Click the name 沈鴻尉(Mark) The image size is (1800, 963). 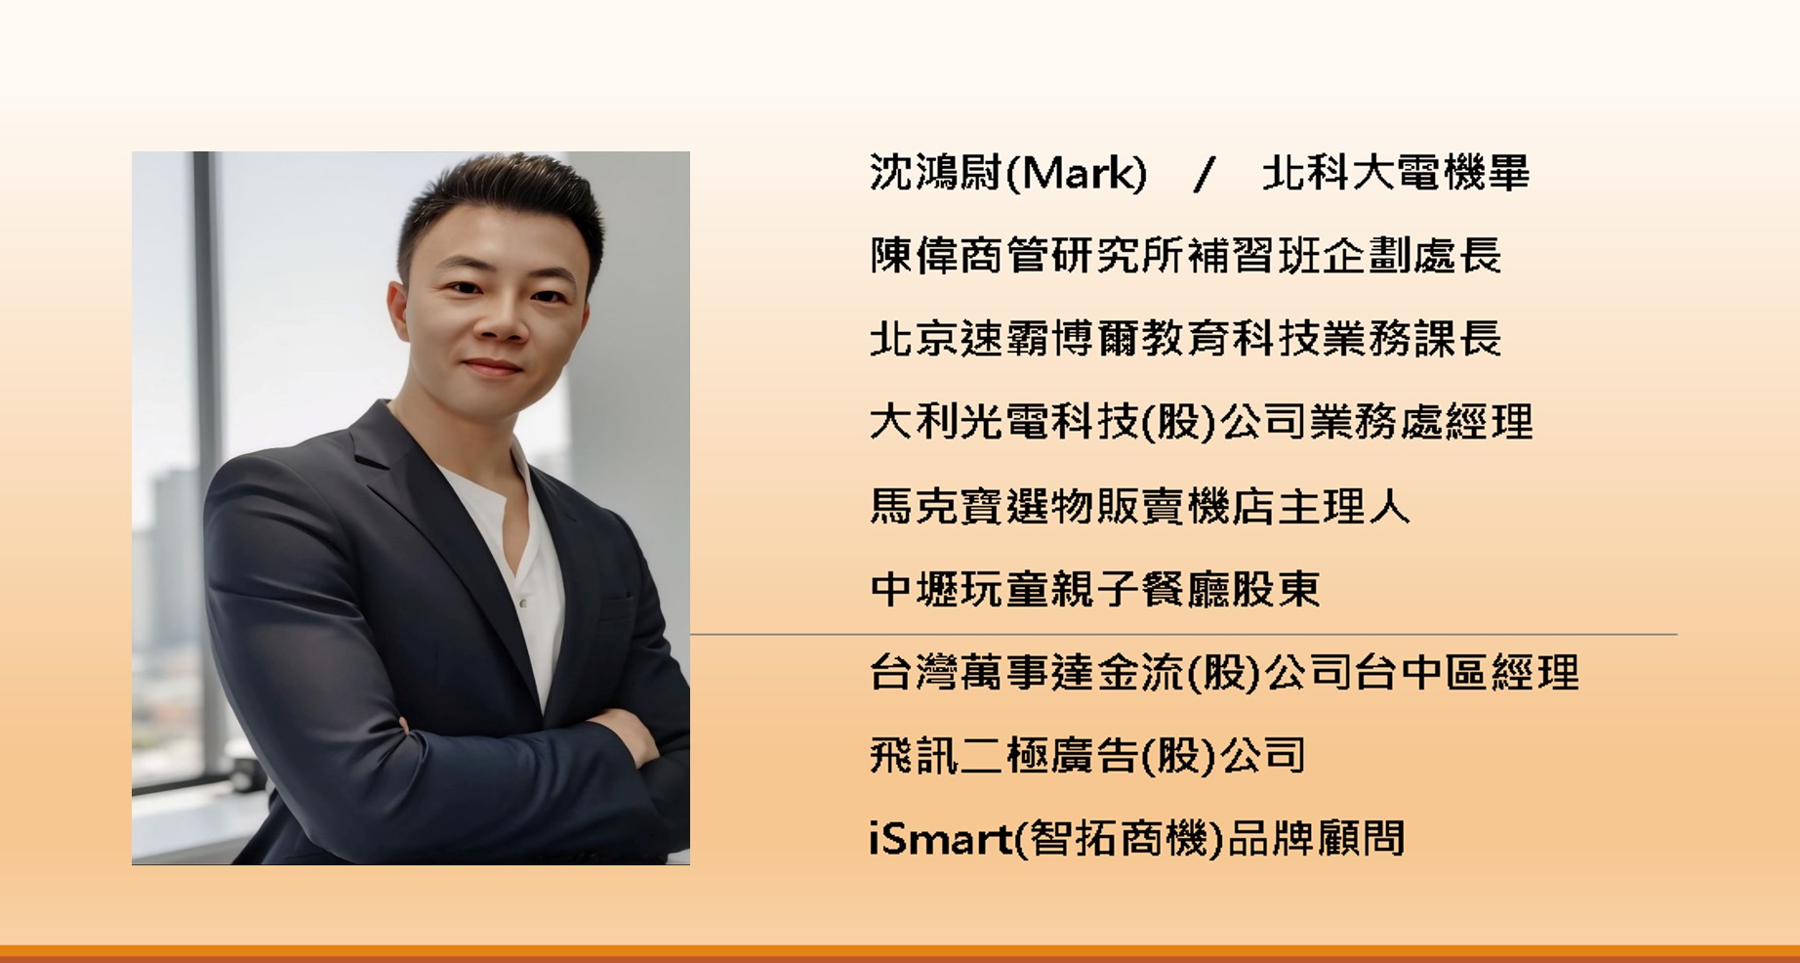pyautogui.click(x=1008, y=174)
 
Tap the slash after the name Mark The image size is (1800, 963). pyautogui.click(x=1205, y=175)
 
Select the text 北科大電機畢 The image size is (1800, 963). pyautogui.click(x=1396, y=174)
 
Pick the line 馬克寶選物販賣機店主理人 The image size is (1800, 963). pyautogui.click(x=1139, y=506)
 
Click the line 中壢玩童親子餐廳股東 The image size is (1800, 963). pyautogui.click(x=1094, y=589)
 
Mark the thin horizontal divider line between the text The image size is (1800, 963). pyautogui.click(x=1183, y=635)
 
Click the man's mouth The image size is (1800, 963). pyautogui.click(x=493, y=368)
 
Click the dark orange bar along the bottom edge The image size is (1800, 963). pyautogui.click(x=900, y=954)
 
